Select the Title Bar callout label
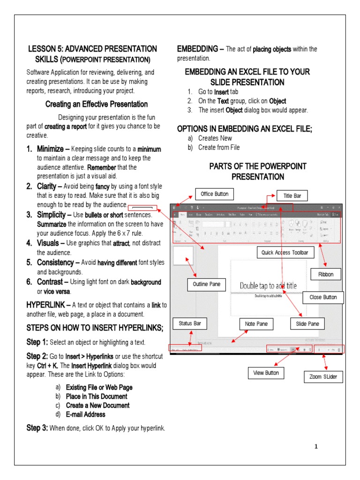coord(292,195)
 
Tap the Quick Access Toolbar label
coord(285,253)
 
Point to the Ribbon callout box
coord(326,274)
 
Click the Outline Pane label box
coord(206,284)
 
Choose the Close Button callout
coord(323,297)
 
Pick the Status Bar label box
coord(189,323)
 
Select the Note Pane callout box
coord(256,323)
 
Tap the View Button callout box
coord(266,373)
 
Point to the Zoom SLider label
coord(323,376)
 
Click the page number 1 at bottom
coord(316,447)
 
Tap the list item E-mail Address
coord(86,414)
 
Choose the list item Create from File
coord(219,147)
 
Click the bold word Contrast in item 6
coord(49,282)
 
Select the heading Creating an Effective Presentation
coord(97,104)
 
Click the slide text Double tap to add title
coord(268,285)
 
